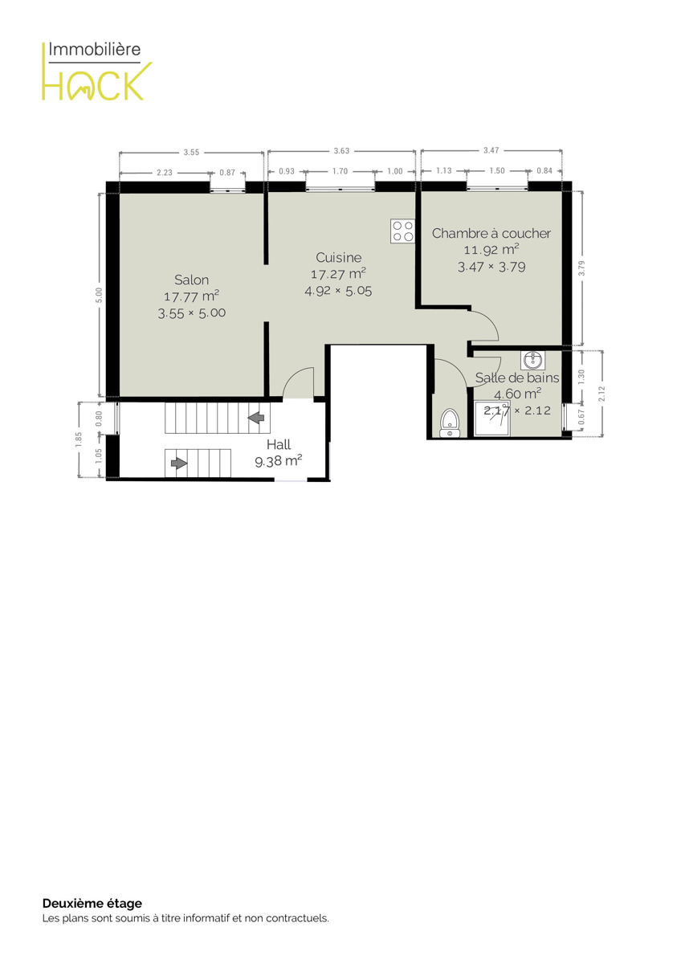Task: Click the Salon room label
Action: (x=191, y=280)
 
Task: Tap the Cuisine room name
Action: (x=339, y=257)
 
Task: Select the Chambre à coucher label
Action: (x=491, y=233)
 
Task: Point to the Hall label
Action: (x=279, y=444)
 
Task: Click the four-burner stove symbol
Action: (x=402, y=231)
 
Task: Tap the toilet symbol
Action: (x=450, y=423)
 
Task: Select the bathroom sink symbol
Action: (x=533, y=360)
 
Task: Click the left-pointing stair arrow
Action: (x=256, y=417)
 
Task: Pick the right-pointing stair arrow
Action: (x=179, y=463)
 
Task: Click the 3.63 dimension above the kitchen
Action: (x=341, y=151)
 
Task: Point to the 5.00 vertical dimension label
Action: (x=99, y=296)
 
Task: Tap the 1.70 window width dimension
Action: (x=340, y=171)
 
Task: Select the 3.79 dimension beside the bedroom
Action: (x=581, y=268)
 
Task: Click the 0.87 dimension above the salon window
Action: (x=227, y=173)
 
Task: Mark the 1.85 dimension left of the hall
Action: (x=78, y=439)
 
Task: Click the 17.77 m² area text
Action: (x=191, y=296)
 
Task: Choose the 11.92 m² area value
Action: (x=491, y=250)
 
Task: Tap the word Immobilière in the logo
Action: (x=94, y=50)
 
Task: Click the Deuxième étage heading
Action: (x=92, y=903)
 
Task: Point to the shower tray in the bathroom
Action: (x=491, y=418)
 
